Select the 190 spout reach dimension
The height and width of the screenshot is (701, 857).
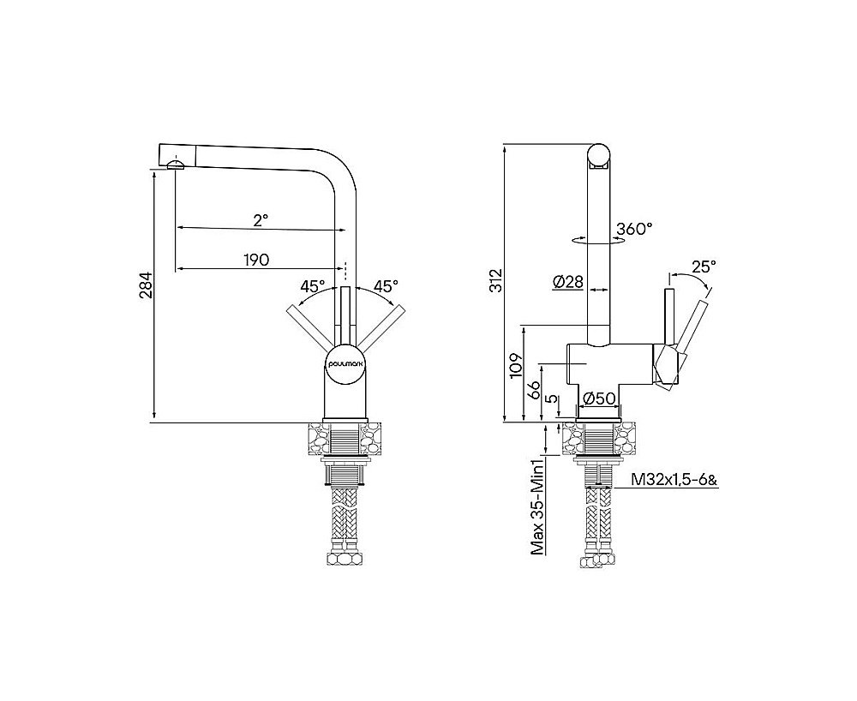click(258, 259)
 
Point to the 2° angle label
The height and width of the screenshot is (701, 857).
click(261, 219)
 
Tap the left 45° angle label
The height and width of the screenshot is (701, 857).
click(312, 286)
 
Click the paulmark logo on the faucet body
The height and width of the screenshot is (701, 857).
click(346, 363)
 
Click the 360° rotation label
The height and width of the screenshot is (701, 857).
click(634, 229)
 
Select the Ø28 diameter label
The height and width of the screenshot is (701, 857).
click(567, 281)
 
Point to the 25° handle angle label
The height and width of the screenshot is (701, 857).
click(703, 267)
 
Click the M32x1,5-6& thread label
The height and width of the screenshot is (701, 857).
click(674, 481)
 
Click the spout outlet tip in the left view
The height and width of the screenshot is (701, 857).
click(175, 165)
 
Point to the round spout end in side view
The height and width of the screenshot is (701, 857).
click(599, 156)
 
